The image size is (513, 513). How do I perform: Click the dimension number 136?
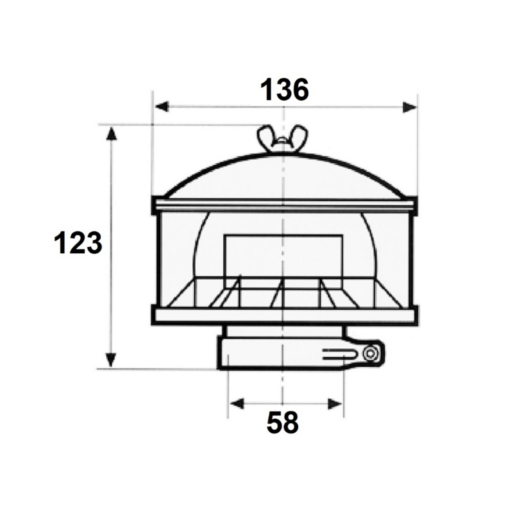pyautogui.click(x=284, y=90)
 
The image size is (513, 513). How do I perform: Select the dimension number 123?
pyautogui.click(x=78, y=243)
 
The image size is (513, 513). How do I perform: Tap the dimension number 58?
pyautogui.click(x=283, y=423)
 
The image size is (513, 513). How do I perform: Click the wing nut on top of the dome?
pyautogui.click(x=283, y=138)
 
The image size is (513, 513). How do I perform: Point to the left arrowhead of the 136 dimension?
pyautogui.click(x=162, y=106)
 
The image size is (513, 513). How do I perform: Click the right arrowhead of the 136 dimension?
pyautogui.click(x=410, y=107)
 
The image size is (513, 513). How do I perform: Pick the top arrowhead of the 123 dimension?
pyautogui.click(x=112, y=134)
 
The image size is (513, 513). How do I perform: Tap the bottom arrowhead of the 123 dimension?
pyautogui.click(x=111, y=360)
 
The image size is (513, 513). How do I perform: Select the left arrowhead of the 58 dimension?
pyautogui.click(x=237, y=404)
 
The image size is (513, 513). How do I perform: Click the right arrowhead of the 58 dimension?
pyautogui.click(x=335, y=404)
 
